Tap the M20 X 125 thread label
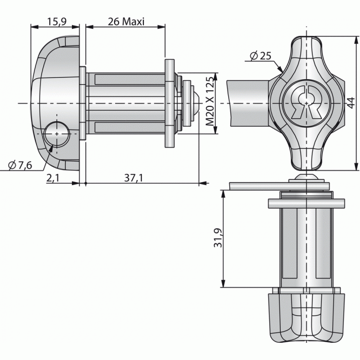209,104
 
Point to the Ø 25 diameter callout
260,55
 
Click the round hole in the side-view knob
56,134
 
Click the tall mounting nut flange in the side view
168,104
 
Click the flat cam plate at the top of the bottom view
280,185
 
